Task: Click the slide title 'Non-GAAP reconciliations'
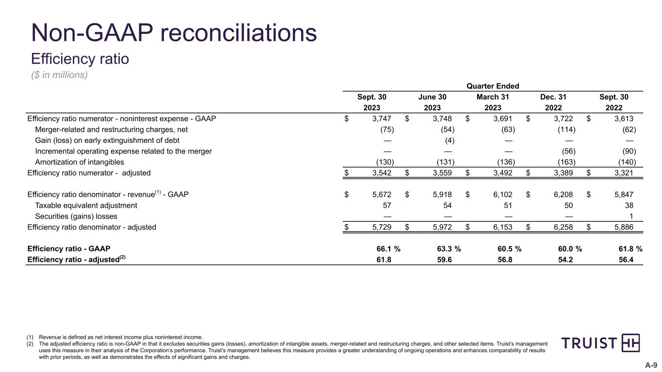click(174, 33)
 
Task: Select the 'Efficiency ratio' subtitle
click(80, 59)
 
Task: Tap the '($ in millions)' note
click(59, 75)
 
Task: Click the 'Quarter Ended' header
click(493, 86)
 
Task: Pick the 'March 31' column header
click(493, 97)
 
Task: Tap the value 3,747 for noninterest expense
click(382, 119)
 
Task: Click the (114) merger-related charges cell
click(565, 130)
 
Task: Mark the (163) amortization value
click(565, 162)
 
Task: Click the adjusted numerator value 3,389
click(563, 173)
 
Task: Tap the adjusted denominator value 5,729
click(382, 227)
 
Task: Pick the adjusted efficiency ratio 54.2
click(565, 260)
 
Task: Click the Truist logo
click(600, 343)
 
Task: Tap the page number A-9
click(650, 365)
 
